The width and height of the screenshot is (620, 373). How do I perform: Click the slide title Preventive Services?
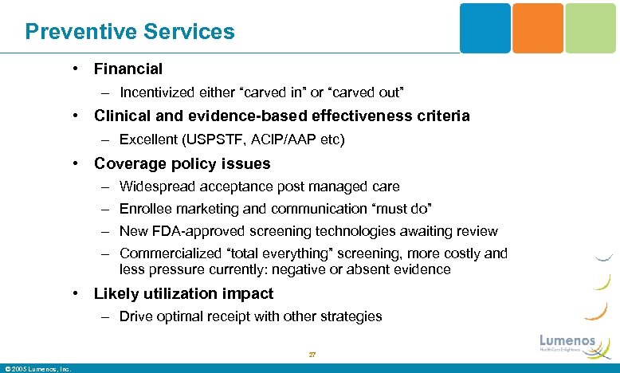coord(130,32)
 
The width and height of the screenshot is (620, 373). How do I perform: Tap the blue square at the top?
coord(485,28)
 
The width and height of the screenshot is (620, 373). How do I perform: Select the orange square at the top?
coord(537,28)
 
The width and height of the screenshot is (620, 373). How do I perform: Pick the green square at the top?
coord(590,28)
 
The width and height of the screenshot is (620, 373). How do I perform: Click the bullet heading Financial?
coord(128,69)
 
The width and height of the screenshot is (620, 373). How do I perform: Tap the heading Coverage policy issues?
coord(182,164)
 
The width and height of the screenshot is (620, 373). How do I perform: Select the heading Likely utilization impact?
coord(183,293)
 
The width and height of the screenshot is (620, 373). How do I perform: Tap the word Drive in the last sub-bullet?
coord(135,316)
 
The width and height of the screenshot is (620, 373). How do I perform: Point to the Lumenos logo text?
coord(567,341)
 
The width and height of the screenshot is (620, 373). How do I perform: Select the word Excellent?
coord(148,140)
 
